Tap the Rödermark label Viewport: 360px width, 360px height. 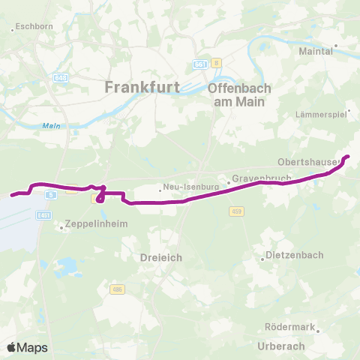click(x=289, y=327)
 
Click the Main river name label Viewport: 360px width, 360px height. click(x=51, y=125)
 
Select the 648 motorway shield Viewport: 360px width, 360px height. click(x=61, y=77)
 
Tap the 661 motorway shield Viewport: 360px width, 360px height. click(x=199, y=64)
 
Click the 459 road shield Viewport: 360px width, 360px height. click(x=236, y=211)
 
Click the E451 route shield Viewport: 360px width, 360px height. click(x=44, y=214)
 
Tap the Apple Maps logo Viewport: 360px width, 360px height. click(x=27, y=347)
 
